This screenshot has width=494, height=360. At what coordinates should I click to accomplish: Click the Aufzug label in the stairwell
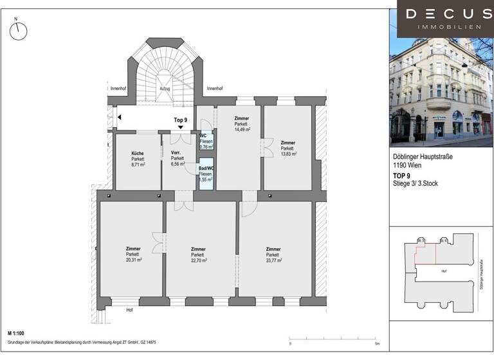pos(165,89)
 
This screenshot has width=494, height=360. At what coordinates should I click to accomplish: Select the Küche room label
pos(138,153)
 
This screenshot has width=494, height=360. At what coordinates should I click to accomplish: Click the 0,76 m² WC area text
pos(206,147)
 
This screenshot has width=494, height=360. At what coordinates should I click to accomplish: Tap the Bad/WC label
pos(206,168)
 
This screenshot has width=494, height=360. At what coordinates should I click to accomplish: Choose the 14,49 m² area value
pos(242,130)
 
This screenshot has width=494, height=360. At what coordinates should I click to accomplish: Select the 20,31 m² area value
pos(134,260)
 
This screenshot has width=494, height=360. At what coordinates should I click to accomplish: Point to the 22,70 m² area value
pos(198,260)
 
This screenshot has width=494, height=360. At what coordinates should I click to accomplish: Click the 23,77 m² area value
pos(273,260)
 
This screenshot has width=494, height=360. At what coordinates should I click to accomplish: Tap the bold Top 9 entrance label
pos(180,120)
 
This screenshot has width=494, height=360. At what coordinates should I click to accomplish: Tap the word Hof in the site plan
pos(443,271)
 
